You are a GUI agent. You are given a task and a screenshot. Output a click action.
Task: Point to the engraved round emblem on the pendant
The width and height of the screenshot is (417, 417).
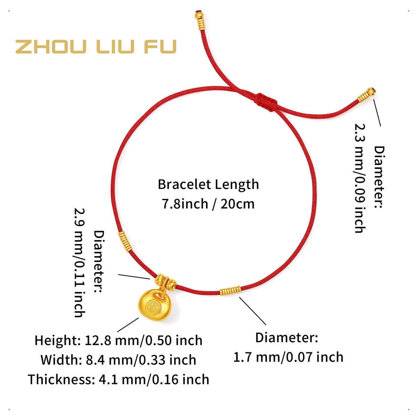[153, 306]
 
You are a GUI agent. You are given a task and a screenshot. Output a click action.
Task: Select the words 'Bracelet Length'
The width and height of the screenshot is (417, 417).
[208, 185]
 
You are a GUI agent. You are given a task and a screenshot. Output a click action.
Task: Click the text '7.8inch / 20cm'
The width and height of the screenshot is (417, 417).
[208, 204]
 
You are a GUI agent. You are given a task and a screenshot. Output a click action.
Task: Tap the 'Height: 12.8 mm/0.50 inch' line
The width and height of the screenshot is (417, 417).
[118, 341]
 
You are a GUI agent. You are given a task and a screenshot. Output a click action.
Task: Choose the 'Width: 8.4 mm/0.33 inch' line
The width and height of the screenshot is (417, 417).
[118, 360]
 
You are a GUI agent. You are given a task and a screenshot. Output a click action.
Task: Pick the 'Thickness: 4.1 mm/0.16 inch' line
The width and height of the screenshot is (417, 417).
[118, 379]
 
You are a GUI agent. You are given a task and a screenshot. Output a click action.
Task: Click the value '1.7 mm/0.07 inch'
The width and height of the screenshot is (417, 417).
[288, 357]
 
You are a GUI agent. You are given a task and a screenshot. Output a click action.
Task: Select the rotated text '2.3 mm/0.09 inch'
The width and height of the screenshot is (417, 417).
[360, 178]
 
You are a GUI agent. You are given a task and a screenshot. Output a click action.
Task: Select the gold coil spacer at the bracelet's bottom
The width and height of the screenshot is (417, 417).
[230, 291]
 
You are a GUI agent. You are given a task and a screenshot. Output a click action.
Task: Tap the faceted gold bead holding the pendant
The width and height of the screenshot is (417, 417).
[165, 282]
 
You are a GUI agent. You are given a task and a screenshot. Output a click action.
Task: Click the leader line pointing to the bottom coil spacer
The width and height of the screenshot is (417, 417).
[252, 311]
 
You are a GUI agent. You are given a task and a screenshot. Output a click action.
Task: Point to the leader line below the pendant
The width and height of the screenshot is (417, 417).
[128, 325]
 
